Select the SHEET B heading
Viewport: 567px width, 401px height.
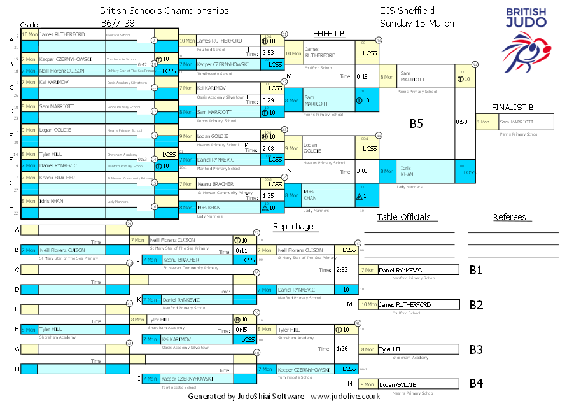(x=329, y=33)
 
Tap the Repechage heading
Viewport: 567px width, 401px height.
(x=293, y=227)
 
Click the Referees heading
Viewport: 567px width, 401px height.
(x=509, y=217)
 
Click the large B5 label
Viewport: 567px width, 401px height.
(x=416, y=123)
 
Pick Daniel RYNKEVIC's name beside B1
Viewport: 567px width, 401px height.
(x=400, y=270)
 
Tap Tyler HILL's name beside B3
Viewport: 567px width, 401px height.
(x=391, y=349)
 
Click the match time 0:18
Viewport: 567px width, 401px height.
(x=362, y=76)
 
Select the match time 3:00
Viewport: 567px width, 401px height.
(x=362, y=171)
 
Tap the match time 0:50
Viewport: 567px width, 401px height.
(x=462, y=122)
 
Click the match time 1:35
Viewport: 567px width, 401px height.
(x=268, y=196)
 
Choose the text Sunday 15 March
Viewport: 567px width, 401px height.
(x=417, y=24)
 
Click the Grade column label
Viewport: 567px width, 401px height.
(x=29, y=24)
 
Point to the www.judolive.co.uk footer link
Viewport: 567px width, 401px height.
(x=346, y=396)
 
